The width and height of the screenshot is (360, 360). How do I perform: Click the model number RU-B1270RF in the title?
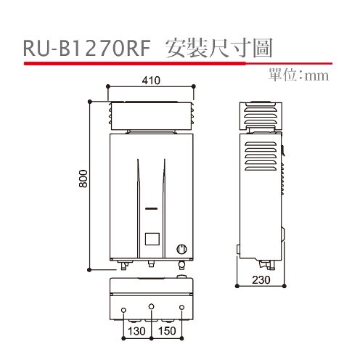tap(87, 49)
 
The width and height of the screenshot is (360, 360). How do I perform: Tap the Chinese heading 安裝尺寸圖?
tap(219, 48)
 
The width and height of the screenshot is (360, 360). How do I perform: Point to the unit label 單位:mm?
tap(298, 75)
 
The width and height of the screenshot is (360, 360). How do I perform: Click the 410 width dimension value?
tap(151, 81)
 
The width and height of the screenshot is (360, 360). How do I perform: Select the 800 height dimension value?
tap(83, 179)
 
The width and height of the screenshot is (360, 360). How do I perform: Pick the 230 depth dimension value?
tap(261, 280)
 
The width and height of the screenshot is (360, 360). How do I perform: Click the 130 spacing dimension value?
tap(136, 331)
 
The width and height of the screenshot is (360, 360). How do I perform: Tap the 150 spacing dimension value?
tap(167, 331)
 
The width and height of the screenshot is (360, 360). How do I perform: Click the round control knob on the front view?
tap(181, 249)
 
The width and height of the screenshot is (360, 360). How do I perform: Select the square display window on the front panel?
tap(152, 239)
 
